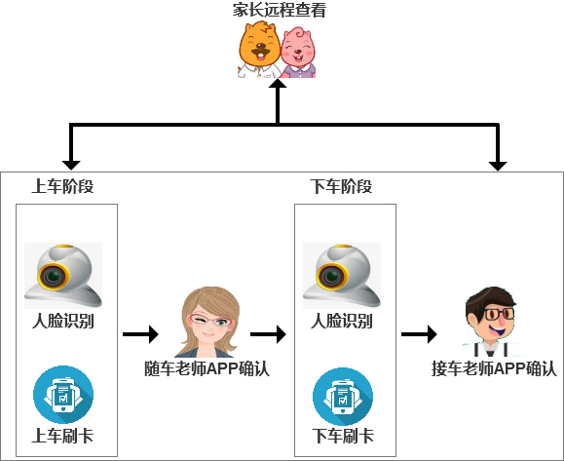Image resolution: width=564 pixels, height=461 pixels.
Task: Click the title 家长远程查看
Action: click(x=280, y=10)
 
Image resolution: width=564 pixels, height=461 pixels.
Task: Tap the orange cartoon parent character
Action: click(x=260, y=50)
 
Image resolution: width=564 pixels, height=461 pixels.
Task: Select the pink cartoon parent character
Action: click(x=298, y=53)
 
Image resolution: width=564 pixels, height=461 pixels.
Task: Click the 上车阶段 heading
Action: click(x=62, y=186)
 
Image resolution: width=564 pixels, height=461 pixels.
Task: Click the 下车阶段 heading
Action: click(x=341, y=186)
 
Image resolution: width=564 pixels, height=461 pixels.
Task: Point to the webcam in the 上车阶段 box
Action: click(x=63, y=276)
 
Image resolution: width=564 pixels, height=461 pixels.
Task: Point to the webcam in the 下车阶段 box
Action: click(x=342, y=276)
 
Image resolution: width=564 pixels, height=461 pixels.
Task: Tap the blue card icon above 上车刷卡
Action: click(x=63, y=395)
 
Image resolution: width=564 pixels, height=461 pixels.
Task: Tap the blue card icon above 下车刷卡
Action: click(x=343, y=397)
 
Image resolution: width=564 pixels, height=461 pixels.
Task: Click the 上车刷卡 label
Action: click(x=62, y=436)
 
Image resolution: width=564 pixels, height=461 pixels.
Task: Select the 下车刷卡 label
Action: click(x=343, y=436)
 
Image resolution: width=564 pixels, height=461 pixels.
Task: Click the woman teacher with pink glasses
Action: click(x=207, y=322)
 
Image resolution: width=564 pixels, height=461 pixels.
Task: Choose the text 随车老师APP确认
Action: click(x=207, y=368)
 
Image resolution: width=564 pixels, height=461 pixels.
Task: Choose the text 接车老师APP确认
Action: click(x=494, y=368)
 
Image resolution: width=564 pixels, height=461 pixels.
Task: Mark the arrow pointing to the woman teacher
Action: click(x=140, y=334)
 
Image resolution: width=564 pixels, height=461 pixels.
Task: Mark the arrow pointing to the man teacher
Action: click(x=419, y=334)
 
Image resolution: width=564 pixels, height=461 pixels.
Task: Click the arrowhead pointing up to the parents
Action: click(x=278, y=83)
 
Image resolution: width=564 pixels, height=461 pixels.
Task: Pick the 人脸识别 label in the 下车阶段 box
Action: click(x=341, y=321)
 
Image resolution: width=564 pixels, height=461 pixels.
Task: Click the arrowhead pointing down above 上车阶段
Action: click(x=71, y=165)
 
